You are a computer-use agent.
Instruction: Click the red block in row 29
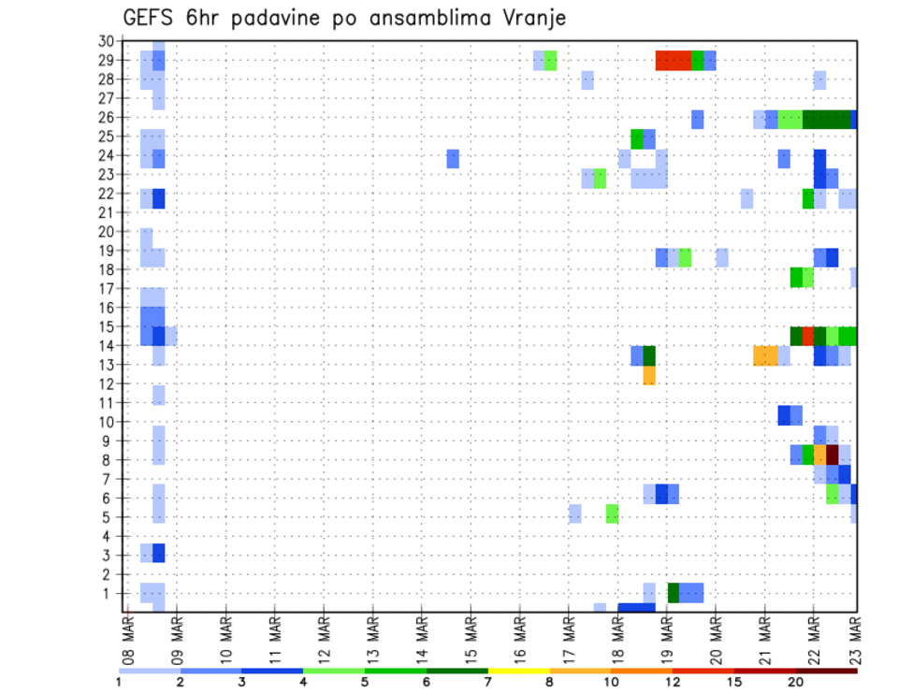click(673, 61)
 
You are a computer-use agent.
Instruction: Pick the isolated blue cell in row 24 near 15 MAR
click(453, 158)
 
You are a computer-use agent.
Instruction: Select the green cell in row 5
click(613, 513)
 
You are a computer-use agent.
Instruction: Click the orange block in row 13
click(765, 355)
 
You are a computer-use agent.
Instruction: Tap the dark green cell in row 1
click(673, 593)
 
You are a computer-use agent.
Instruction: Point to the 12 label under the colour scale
click(673, 682)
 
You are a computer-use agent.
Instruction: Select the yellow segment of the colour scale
click(519, 671)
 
